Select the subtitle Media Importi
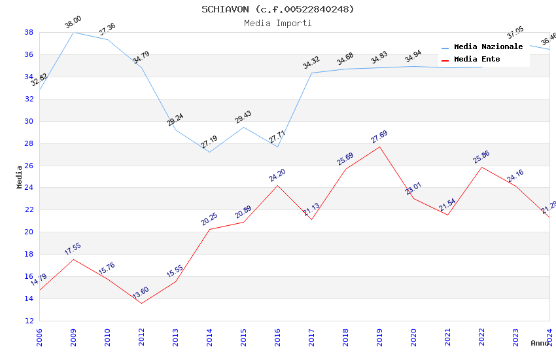coord(277,23)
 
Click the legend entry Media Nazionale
coord(488,47)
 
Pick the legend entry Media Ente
coord(477,60)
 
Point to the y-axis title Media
coord(20,177)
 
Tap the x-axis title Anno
coord(540,343)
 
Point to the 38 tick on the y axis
coord(29,32)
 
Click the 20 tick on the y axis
coord(29,232)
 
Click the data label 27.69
coord(379,137)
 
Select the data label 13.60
coord(141,293)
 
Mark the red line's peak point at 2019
coord(379,147)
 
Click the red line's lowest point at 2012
coord(141,303)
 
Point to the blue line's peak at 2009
coord(73,32)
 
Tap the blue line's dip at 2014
coord(209,152)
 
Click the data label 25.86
coord(481,157)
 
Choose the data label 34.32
coord(311,63)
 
